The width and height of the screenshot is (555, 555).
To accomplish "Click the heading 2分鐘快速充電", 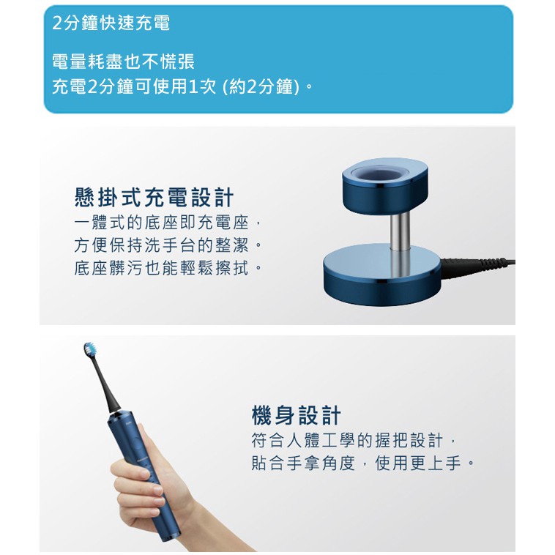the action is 111,23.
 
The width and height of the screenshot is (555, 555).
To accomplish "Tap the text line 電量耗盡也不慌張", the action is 123,62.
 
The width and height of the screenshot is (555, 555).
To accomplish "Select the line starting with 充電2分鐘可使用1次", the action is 182,86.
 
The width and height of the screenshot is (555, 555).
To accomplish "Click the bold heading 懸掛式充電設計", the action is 154,197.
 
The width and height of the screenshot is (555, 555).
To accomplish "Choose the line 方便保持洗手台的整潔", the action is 168,245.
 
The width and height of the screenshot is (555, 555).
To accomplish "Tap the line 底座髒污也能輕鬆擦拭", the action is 168,268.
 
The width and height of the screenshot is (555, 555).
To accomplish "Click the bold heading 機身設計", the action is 296,415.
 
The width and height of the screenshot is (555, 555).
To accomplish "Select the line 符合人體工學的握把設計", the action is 352,441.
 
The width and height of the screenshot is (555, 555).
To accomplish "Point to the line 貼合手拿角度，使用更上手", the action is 362,463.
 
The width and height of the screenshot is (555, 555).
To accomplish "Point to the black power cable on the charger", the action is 478,265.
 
